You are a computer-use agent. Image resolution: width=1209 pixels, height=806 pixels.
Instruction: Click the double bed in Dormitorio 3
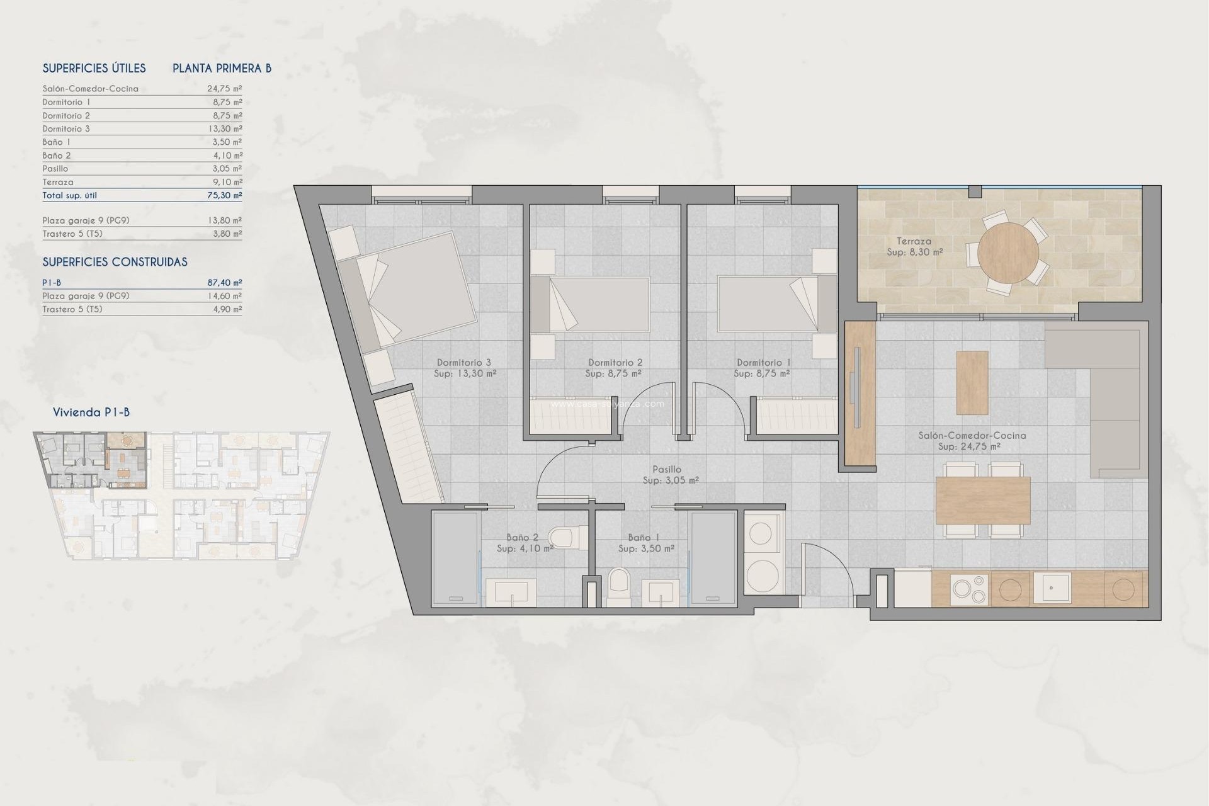(416, 291)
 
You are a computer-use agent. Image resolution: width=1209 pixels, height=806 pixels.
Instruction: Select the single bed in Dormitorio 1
(768, 304)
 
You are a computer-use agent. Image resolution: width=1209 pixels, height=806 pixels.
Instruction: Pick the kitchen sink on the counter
(1051, 588)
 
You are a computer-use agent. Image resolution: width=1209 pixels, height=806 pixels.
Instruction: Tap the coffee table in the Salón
(972, 382)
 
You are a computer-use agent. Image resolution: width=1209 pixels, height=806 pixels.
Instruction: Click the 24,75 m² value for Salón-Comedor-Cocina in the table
(224, 89)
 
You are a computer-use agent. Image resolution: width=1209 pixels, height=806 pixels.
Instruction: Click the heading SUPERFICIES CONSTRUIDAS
(115, 262)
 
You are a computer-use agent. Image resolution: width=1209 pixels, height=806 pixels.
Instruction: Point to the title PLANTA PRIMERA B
(222, 68)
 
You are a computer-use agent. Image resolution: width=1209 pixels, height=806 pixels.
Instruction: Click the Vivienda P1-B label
(91, 412)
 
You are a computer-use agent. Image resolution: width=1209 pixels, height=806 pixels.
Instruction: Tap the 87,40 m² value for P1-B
(224, 283)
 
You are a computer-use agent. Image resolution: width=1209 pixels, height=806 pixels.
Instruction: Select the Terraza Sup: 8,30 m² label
(914, 246)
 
